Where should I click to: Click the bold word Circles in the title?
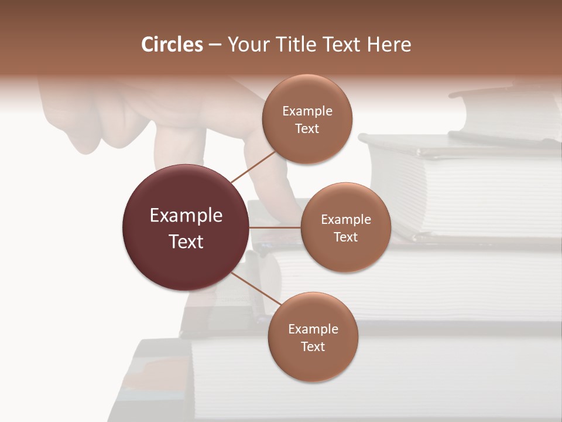click(x=172, y=45)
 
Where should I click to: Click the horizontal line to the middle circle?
click(x=275, y=227)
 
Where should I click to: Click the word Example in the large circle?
click(x=186, y=216)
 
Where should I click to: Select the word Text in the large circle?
click(x=186, y=241)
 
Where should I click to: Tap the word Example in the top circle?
click(x=307, y=111)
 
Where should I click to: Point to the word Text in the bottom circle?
click(x=313, y=346)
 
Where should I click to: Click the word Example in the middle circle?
click(x=346, y=220)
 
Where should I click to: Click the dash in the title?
click(x=215, y=45)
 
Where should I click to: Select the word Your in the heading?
click(x=246, y=45)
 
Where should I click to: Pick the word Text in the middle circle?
click(x=345, y=237)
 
